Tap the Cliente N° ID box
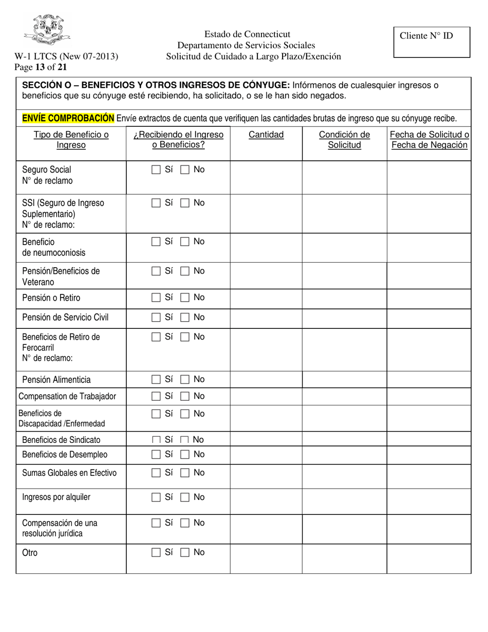(x=431, y=42)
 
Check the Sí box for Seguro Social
(x=156, y=170)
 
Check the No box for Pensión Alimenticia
(x=185, y=380)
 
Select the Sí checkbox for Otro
(x=156, y=553)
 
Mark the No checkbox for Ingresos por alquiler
(x=185, y=497)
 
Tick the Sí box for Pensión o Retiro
(x=156, y=298)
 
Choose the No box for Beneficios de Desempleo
(x=185, y=455)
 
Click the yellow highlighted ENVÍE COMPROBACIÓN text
(x=68, y=119)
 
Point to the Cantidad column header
(x=266, y=135)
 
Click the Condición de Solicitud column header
(x=344, y=140)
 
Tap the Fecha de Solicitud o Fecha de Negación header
(x=429, y=140)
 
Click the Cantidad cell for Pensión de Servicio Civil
(x=266, y=318)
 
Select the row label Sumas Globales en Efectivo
(x=69, y=473)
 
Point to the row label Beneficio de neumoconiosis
(x=53, y=247)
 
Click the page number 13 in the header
(x=40, y=66)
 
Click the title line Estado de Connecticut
(x=247, y=34)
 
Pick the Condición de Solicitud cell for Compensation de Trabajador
(x=344, y=396)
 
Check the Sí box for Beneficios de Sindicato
(x=156, y=440)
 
